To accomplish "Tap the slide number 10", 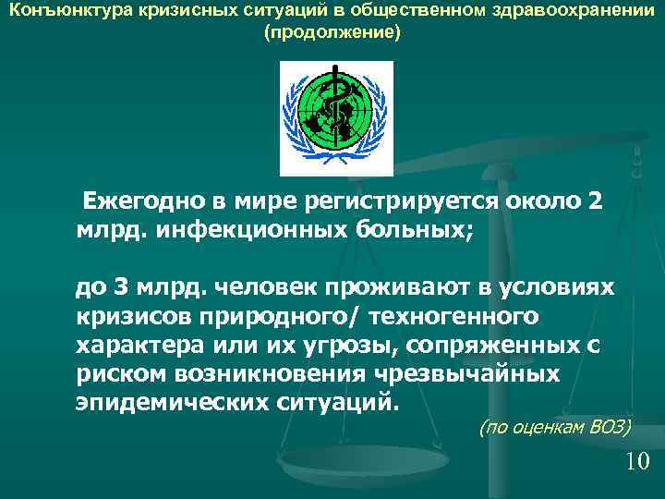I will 637,461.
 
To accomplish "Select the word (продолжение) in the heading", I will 332,34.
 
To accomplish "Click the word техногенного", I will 453,317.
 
